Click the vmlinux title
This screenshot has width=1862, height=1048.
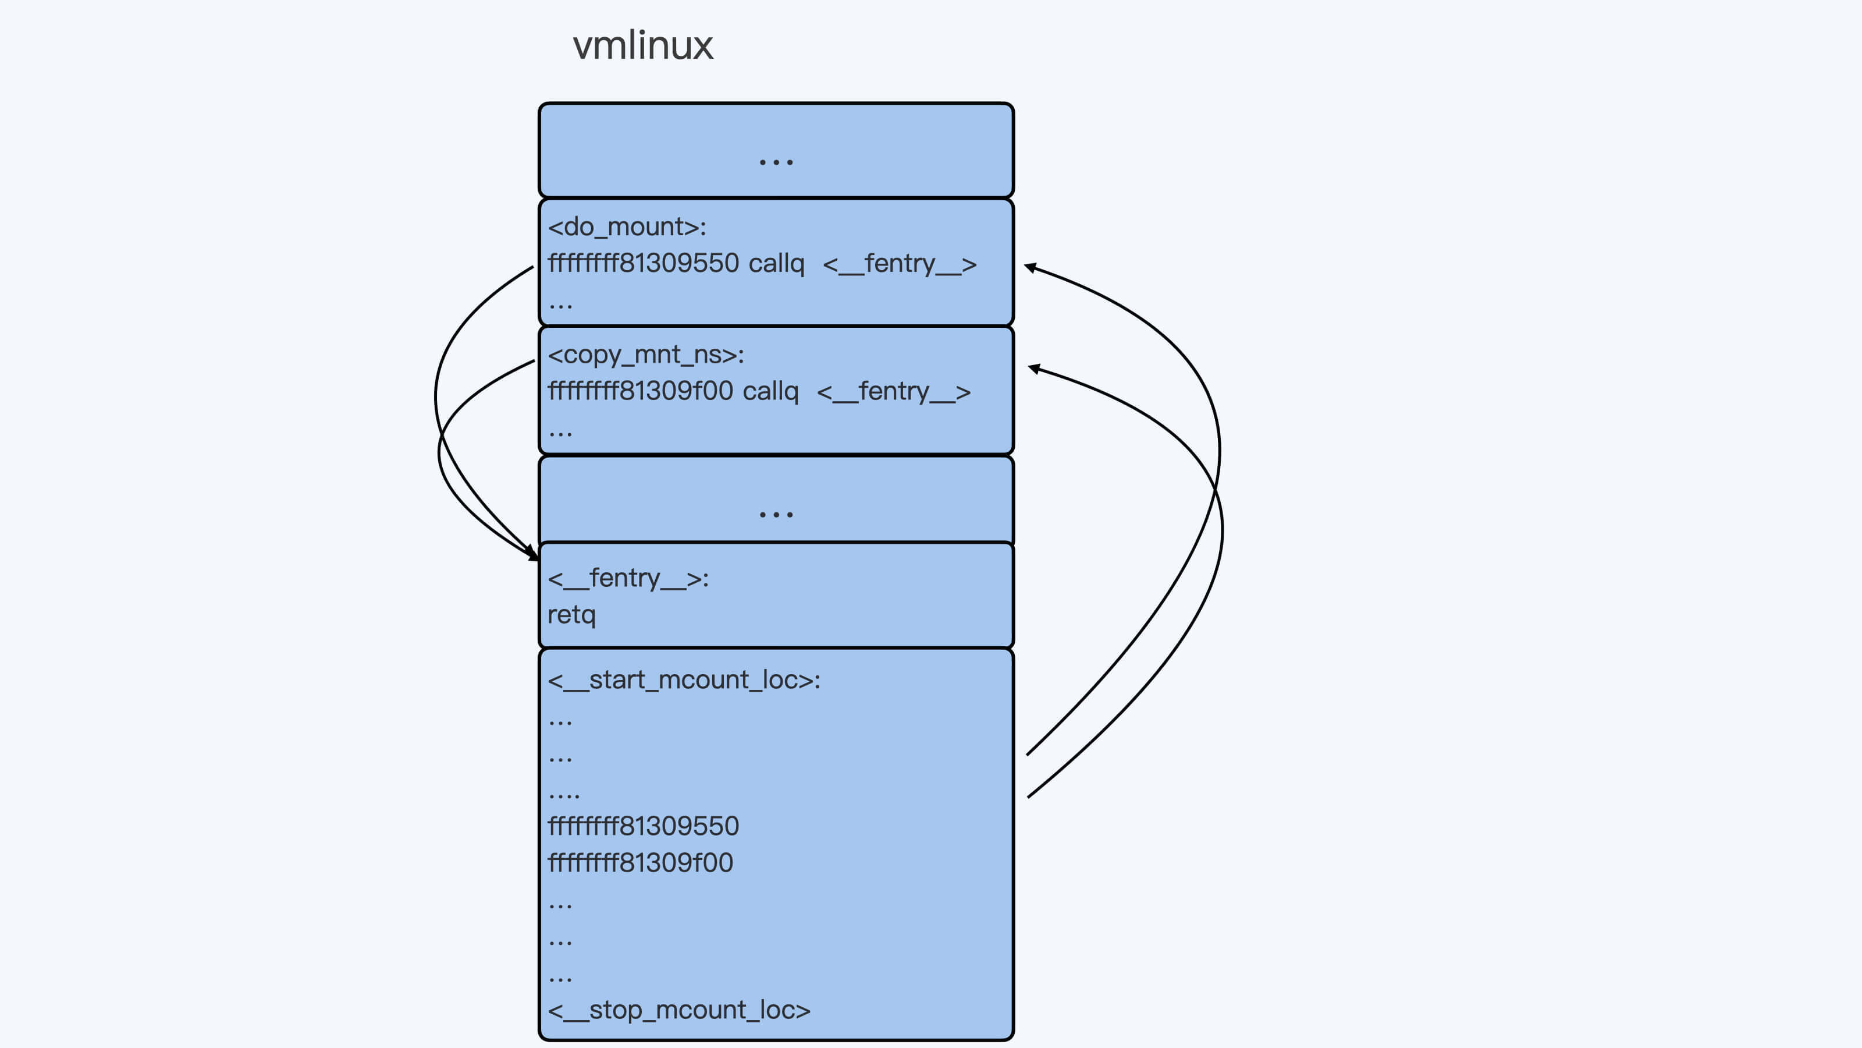pyautogui.click(x=642, y=45)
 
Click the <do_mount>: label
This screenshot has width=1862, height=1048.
pyautogui.click(x=627, y=227)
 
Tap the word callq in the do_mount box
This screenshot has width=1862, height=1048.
pyautogui.click(x=776, y=263)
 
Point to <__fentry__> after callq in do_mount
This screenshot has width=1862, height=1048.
pyautogui.click(x=900, y=263)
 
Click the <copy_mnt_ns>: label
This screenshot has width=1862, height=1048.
pyautogui.click(x=645, y=355)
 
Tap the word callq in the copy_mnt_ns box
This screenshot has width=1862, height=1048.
pyautogui.click(x=770, y=391)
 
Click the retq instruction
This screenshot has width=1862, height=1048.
pyautogui.click(x=571, y=615)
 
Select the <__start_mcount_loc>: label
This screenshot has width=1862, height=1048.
pyautogui.click(x=684, y=680)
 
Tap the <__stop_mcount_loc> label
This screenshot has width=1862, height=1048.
pyautogui.click(x=678, y=1010)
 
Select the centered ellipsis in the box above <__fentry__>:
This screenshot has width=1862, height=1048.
pyautogui.click(x=776, y=514)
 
